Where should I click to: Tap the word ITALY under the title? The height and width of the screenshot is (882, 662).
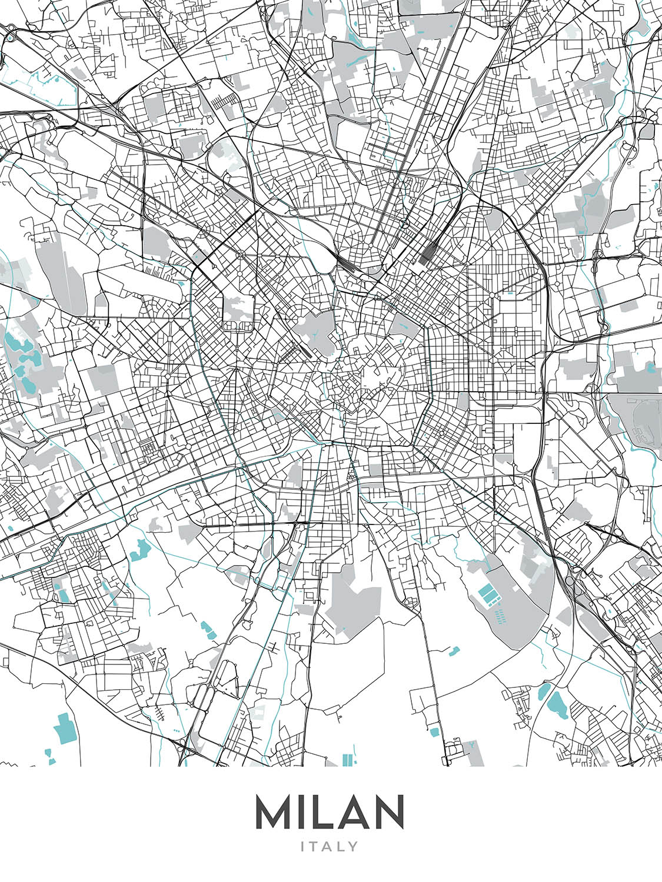point(330,847)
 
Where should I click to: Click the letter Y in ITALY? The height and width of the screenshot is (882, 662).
point(353,847)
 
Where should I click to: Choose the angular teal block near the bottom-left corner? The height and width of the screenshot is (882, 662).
point(65,726)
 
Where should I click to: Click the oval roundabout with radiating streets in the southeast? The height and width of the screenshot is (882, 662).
point(494,523)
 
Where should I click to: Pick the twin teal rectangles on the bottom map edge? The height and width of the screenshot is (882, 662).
point(349,759)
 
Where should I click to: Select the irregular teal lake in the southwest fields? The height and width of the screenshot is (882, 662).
point(141,550)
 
